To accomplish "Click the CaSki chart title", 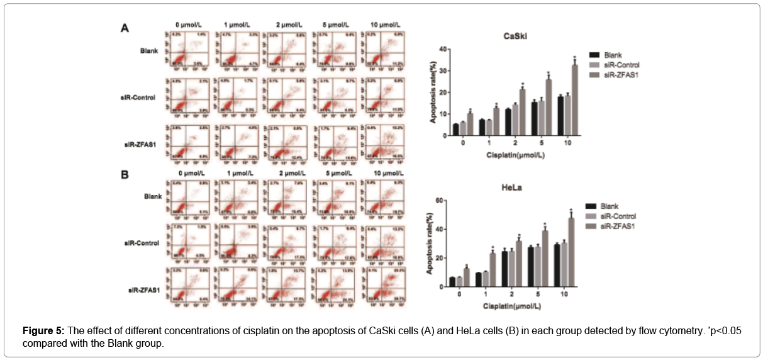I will (516, 36).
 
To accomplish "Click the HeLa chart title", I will (513, 188).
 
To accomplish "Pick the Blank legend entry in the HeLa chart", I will (609, 206).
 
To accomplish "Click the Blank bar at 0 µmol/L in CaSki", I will (455, 129).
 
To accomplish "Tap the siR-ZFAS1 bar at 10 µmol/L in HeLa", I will (571, 252).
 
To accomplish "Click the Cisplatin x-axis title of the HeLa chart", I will (513, 306).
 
